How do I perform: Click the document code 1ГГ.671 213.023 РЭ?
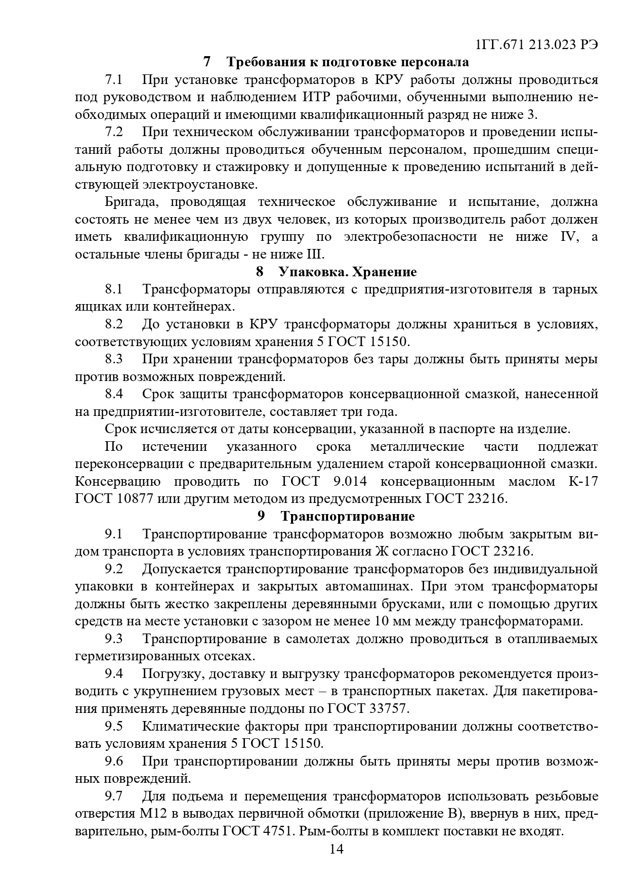point(537,45)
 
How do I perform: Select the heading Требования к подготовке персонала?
point(348,62)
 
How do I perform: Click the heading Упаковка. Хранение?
point(348,272)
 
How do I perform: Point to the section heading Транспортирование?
point(348,516)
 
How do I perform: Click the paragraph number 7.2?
point(114,132)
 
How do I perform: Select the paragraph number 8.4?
point(114,394)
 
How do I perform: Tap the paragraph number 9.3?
point(114,639)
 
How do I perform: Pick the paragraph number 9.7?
point(114,796)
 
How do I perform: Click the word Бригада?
point(133,202)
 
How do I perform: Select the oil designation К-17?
point(583,481)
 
